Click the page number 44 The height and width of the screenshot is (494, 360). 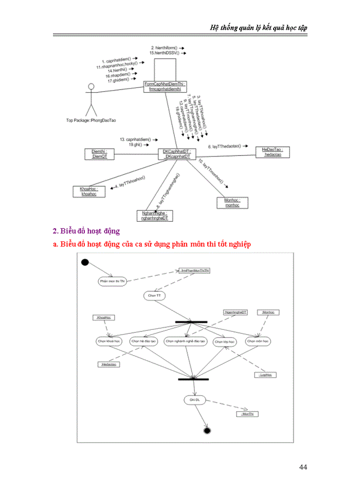click(x=303, y=467)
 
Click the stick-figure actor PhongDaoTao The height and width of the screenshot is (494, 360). click(x=91, y=99)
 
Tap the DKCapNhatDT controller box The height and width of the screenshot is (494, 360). click(x=176, y=154)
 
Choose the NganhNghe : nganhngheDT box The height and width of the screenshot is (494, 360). click(x=154, y=216)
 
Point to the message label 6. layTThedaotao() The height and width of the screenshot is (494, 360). click(x=227, y=147)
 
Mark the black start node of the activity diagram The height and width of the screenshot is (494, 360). click(x=85, y=262)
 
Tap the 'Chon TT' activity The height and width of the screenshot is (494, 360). click(x=154, y=296)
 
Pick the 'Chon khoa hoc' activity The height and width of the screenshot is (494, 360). click(x=109, y=341)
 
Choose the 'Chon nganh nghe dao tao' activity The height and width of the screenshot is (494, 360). click(x=185, y=341)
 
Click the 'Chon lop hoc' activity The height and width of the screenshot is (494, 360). click(x=225, y=341)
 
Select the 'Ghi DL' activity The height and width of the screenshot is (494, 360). click(x=194, y=400)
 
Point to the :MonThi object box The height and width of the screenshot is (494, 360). click(x=247, y=413)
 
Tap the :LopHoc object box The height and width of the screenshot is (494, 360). click(x=266, y=375)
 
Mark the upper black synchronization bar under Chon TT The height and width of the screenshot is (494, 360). click(x=191, y=322)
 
